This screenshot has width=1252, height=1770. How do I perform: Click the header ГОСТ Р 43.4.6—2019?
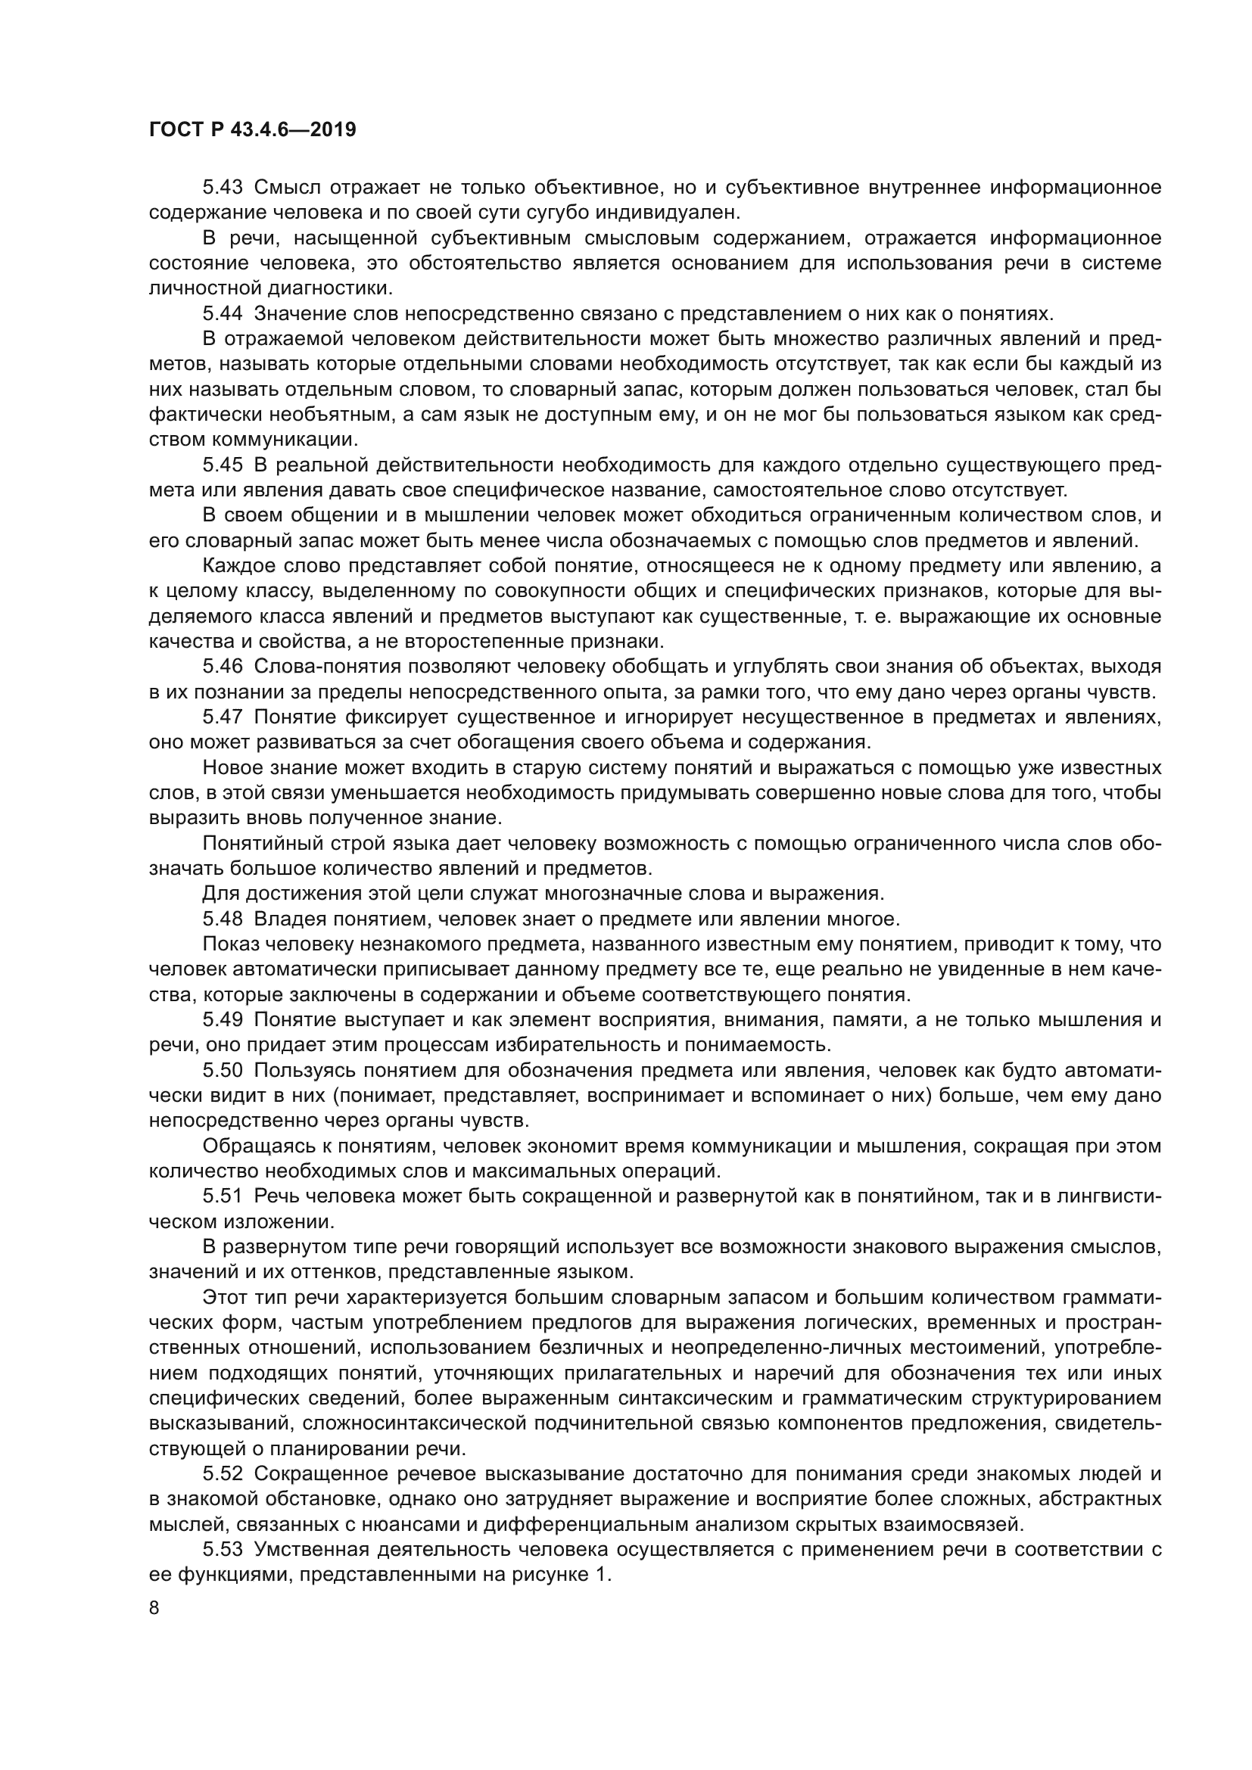click(252, 129)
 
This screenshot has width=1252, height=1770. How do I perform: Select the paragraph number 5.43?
click(223, 188)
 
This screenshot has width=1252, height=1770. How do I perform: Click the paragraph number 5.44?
click(223, 314)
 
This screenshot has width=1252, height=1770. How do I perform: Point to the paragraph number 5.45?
click(223, 465)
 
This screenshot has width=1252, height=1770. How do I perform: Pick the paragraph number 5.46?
click(223, 667)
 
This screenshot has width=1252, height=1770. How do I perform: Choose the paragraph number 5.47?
click(223, 717)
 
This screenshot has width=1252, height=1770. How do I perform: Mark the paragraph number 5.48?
click(223, 919)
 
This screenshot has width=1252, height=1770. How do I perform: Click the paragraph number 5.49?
click(223, 1020)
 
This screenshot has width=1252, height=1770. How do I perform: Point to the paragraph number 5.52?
click(223, 1474)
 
